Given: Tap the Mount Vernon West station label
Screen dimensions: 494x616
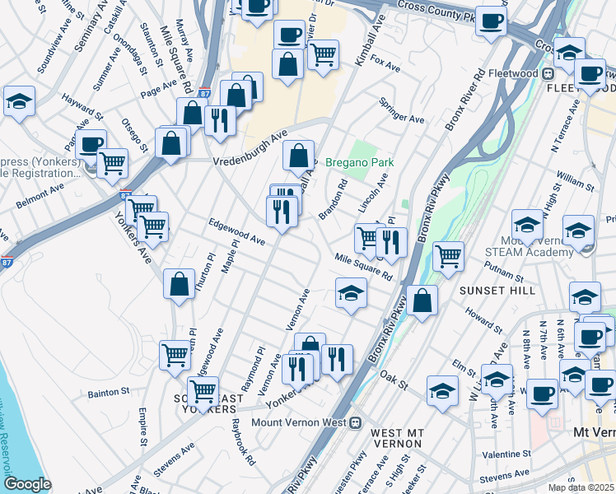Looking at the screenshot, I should pyautogui.click(x=297, y=423).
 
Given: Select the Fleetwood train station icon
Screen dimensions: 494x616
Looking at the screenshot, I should pyautogui.click(x=547, y=72).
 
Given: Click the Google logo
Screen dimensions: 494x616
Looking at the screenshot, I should pyautogui.click(x=27, y=483).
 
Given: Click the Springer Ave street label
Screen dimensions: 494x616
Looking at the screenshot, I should pyautogui.click(x=402, y=110).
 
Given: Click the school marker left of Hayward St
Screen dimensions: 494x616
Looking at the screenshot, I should pyautogui.click(x=19, y=102).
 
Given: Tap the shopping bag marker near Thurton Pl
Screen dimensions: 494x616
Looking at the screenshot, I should pyautogui.click(x=179, y=285).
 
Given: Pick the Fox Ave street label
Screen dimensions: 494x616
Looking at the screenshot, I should pyautogui.click(x=385, y=63).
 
